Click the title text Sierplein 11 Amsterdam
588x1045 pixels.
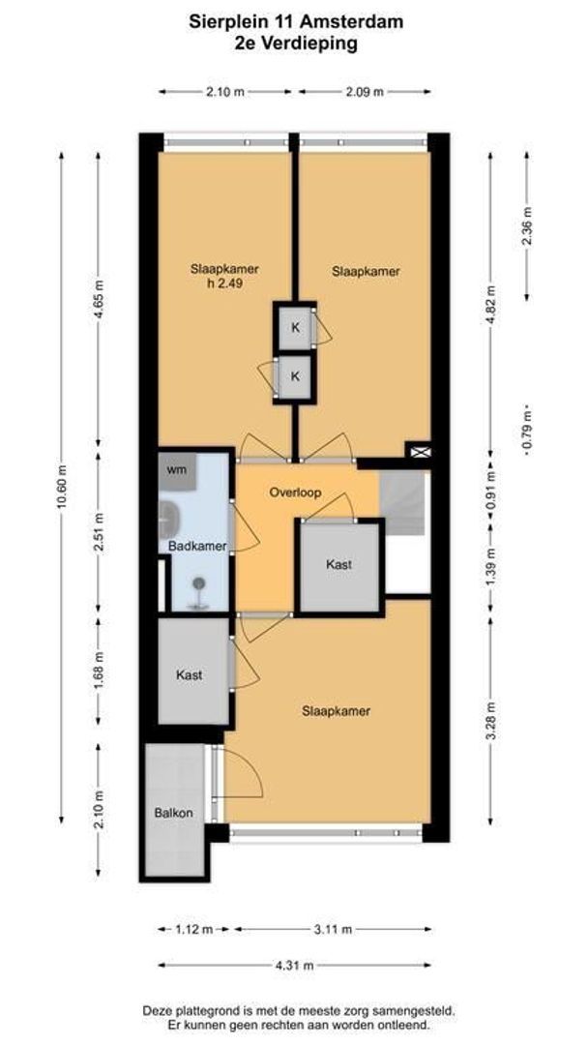tap(296, 22)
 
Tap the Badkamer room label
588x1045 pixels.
tap(197, 547)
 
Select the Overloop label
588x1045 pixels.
tap(296, 493)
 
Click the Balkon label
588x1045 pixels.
tap(174, 813)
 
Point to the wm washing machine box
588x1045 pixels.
tap(177, 470)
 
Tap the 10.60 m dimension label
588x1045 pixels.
tap(63, 487)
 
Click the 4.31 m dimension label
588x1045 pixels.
tap(295, 965)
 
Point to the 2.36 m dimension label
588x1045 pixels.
tap(527, 226)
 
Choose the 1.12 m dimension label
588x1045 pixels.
tap(194, 929)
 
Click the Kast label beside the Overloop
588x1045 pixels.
tap(338, 564)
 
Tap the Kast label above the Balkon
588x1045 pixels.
tap(190, 675)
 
